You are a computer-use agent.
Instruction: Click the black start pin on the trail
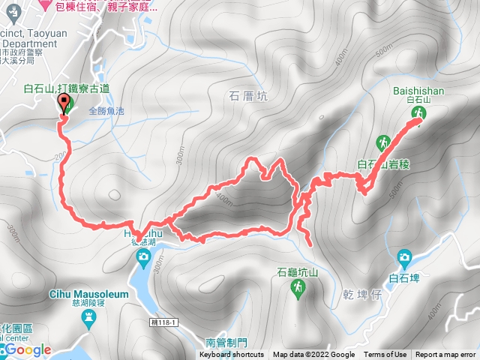[x=64, y=104]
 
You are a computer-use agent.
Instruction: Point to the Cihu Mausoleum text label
[x=88, y=295]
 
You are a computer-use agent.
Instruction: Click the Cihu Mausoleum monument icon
[x=88, y=319]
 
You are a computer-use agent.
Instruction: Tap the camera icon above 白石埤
[x=405, y=257]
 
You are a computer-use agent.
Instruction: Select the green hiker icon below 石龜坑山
[x=298, y=287]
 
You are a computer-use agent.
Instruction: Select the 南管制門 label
[x=225, y=342]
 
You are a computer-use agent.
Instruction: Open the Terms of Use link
[x=385, y=355]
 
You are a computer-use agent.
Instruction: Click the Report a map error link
[x=446, y=355]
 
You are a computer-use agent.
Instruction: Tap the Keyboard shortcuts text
[x=232, y=355]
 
